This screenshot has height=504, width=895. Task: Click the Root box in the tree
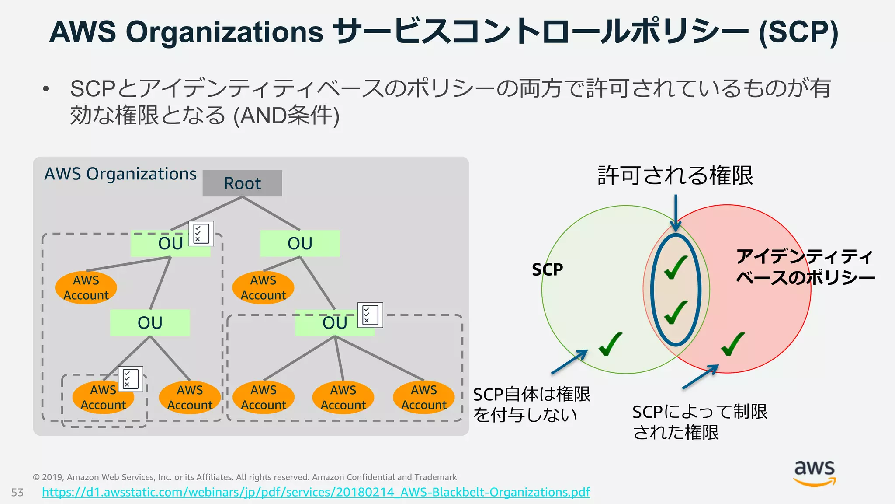(242, 183)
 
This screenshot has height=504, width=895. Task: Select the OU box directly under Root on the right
(300, 243)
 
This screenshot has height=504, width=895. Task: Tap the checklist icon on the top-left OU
(201, 234)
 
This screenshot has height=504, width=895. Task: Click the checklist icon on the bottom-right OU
(370, 315)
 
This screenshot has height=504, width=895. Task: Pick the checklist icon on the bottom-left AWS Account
(130, 379)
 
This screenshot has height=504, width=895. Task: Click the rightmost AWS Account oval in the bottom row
(423, 397)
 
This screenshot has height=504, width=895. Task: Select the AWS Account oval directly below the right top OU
(263, 287)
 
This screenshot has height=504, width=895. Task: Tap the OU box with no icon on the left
(150, 323)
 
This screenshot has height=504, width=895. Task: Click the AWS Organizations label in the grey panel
(120, 174)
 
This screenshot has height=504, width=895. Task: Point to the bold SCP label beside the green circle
(547, 269)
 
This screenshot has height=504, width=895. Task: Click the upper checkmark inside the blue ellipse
(676, 267)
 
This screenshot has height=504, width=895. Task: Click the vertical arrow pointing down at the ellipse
(676, 213)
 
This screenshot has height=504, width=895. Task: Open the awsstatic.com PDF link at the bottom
(316, 492)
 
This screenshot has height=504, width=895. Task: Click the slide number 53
(17, 493)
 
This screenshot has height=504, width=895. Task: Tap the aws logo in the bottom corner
(815, 473)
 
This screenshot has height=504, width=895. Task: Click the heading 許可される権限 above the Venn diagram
(675, 175)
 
